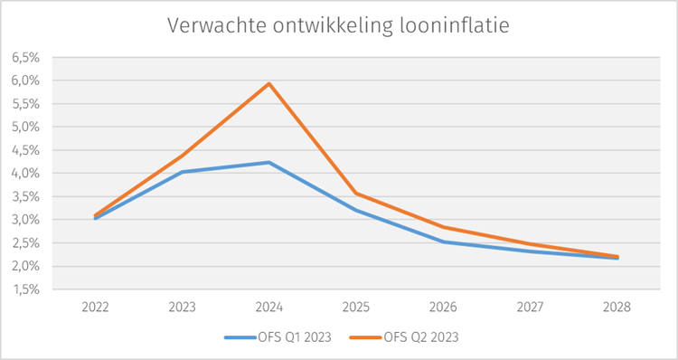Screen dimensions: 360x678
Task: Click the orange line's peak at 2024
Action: (x=269, y=83)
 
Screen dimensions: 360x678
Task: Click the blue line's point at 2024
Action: (x=269, y=162)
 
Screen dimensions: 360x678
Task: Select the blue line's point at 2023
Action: (x=183, y=172)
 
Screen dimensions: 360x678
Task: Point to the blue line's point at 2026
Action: (x=444, y=242)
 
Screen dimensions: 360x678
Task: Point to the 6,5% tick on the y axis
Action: (x=27, y=57)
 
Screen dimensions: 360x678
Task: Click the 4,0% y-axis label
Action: (x=27, y=173)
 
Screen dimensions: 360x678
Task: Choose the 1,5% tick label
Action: (x=27, y=289)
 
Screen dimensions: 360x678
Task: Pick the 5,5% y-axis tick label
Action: (x=27, y=103)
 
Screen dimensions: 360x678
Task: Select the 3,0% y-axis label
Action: (x=27, y=220)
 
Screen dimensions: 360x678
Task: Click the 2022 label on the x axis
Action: (x=95, y=308)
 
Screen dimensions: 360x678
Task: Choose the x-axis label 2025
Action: (x=357, y=308)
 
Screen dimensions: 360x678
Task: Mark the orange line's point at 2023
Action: (x=183, y=155)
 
